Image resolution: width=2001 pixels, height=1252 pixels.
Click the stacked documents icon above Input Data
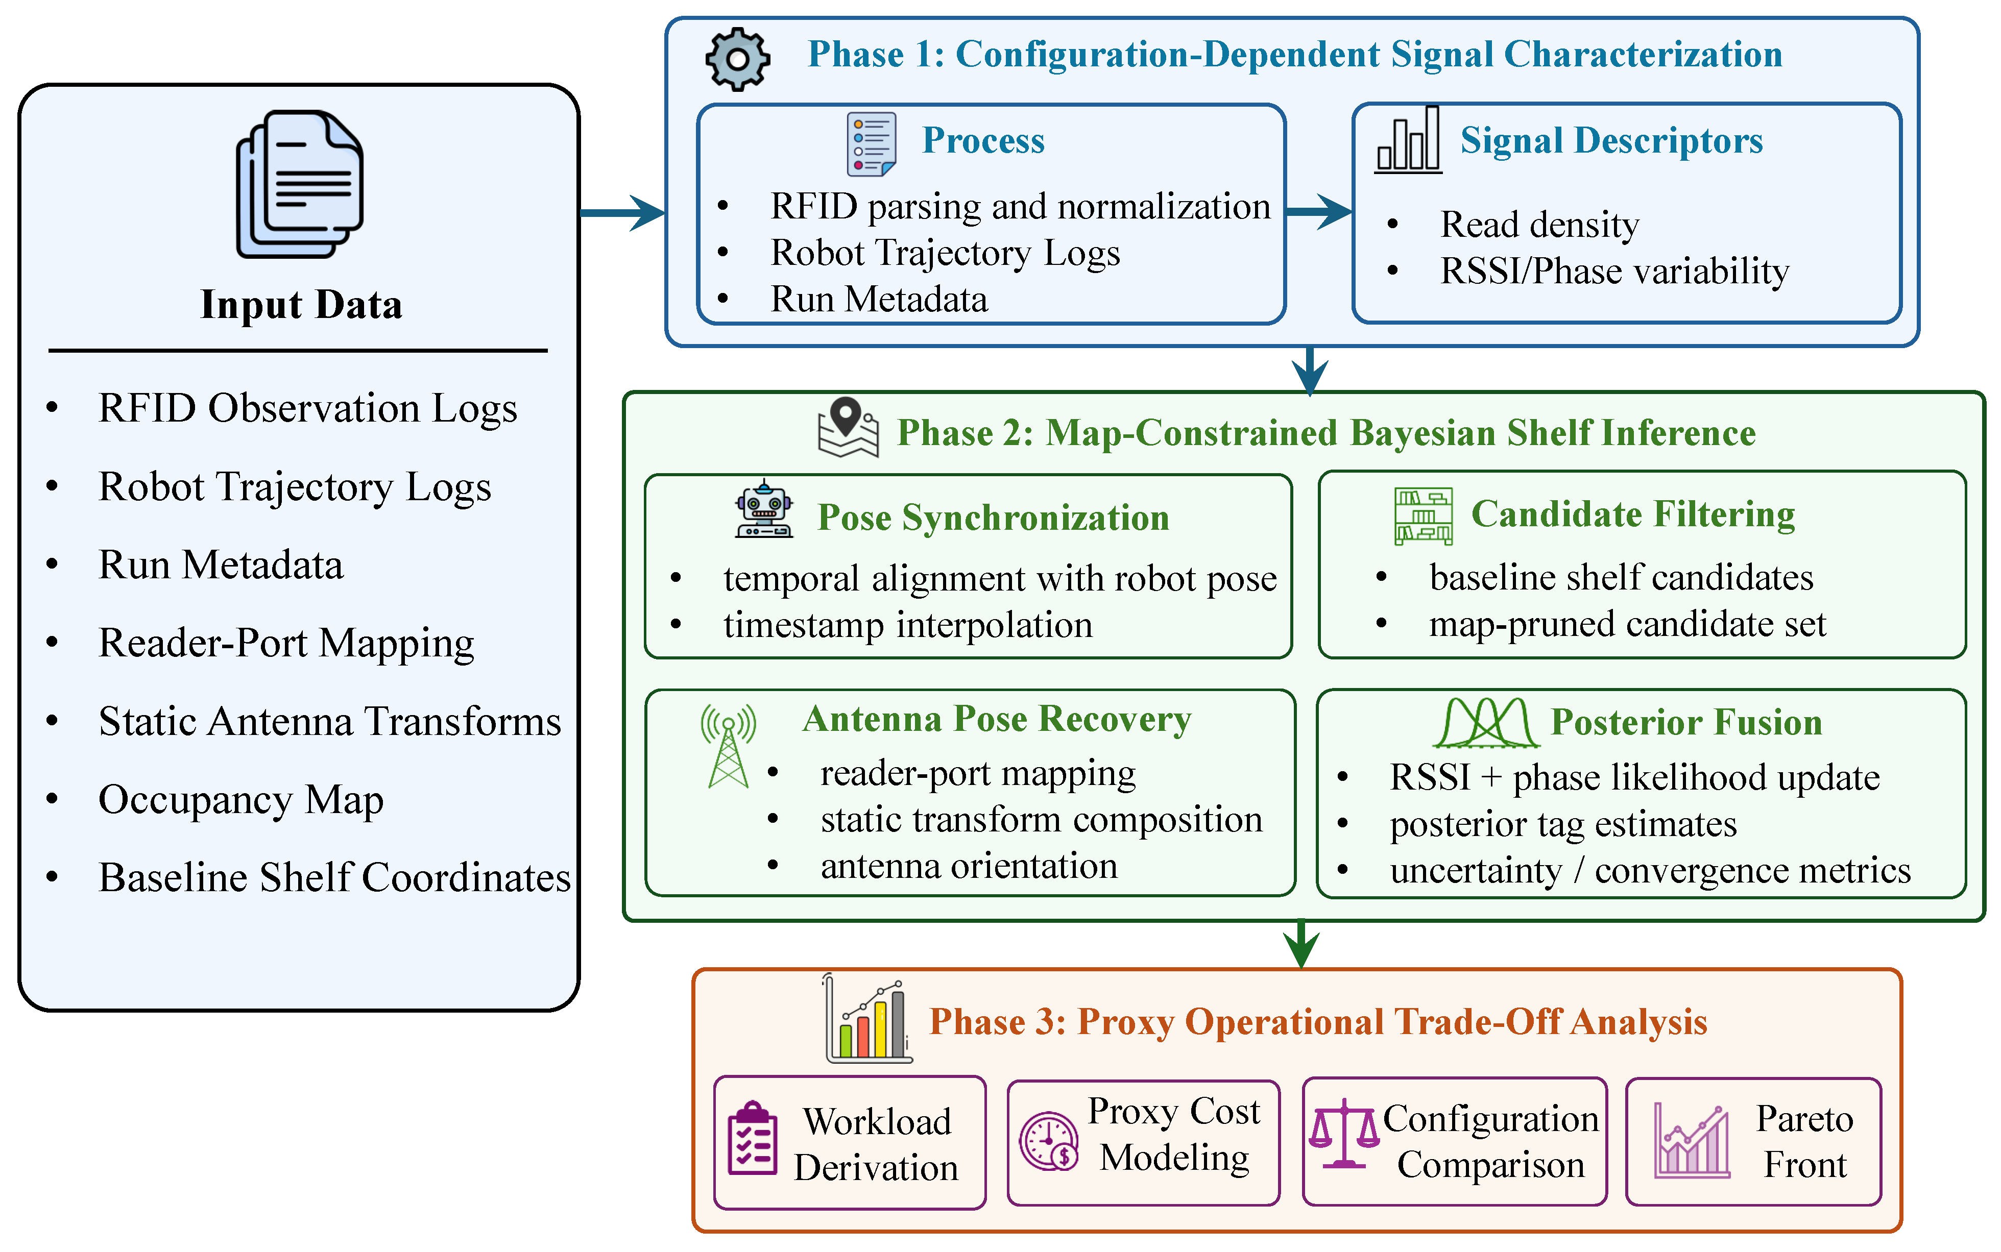(300, 184)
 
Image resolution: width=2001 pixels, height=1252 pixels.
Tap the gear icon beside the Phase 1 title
(737, 59)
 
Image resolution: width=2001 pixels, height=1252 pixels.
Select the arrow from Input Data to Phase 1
(623, 213)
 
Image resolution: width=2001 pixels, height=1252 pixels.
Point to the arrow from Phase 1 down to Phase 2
(1310, 370)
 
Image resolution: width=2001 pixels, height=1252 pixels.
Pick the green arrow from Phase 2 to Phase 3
(1301, 944)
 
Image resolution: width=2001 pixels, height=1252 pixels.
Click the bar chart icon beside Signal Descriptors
(1408, 139)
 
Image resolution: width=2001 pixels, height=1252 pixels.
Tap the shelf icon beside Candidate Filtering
(1423, 516)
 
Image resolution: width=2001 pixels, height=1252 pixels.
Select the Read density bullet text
(1539, 225)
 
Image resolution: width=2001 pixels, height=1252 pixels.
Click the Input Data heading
(301, 305)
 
